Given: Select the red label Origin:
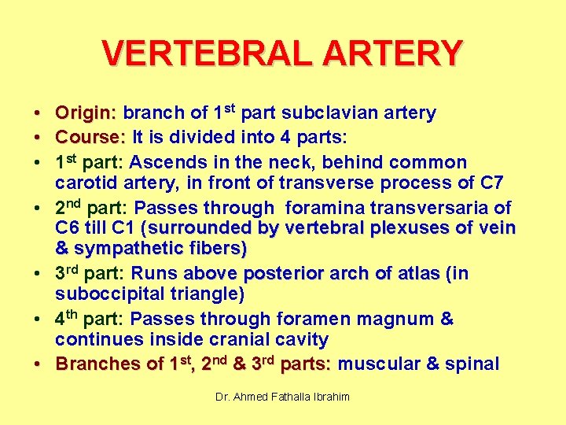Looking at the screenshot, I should (86, 113).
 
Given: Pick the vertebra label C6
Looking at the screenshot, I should (68, 229).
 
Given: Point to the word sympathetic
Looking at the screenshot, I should (123, 249).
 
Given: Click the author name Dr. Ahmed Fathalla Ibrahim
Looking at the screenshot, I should (283, 397).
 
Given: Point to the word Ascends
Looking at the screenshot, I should (164, 163).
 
